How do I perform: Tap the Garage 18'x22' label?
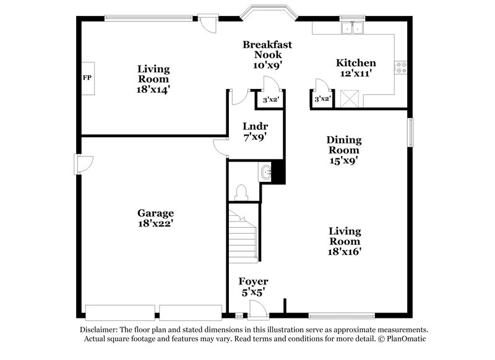pyautogui.click(x=155, y=218)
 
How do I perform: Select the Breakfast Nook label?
pyautogui.click(x=267, y=54)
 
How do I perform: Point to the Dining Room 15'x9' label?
pyautogui.click(x=344, y=150)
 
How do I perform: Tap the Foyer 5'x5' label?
pyautogui.click(x=254, y=287)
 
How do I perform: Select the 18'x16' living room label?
pyautogui.click(x=345, y=241)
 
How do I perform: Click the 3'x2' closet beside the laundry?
pyautogui.click(x=270, y=100)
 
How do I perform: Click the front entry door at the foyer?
pyautogui.click(x=255, y=309)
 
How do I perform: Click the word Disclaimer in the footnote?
pyautogui.click(x=100, y=330)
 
